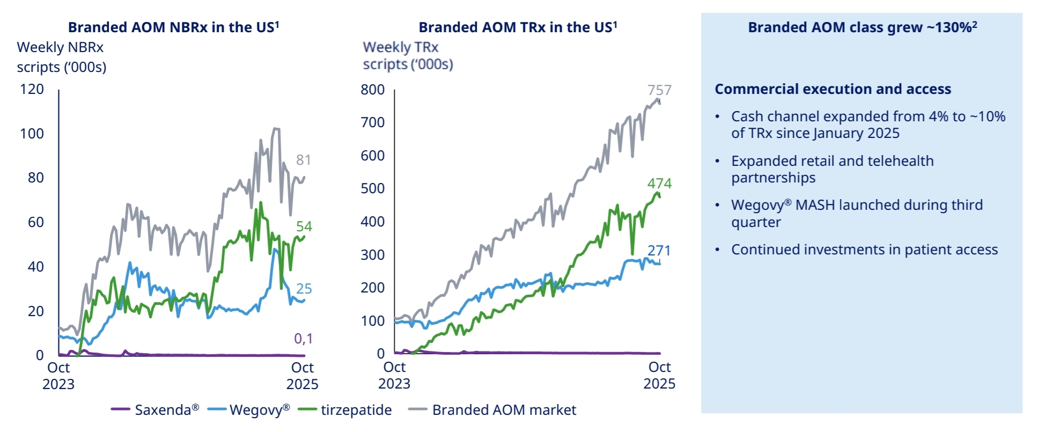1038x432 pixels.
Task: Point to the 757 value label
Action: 659,90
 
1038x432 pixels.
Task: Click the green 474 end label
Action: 659,184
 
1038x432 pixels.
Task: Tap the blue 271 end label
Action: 659,251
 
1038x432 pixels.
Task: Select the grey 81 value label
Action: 304,160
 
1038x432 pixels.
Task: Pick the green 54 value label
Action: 304,226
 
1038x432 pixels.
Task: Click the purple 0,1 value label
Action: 303,339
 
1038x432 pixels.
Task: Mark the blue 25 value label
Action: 304,289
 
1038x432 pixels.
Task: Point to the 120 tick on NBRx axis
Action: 32,89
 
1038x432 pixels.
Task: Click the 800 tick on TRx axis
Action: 373,90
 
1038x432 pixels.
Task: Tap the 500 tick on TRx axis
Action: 373,188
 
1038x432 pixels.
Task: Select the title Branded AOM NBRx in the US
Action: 173,27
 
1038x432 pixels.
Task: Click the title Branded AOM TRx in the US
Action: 518,27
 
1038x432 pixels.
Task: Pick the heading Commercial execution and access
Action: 833,89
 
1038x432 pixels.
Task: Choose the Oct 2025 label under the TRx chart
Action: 659,375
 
